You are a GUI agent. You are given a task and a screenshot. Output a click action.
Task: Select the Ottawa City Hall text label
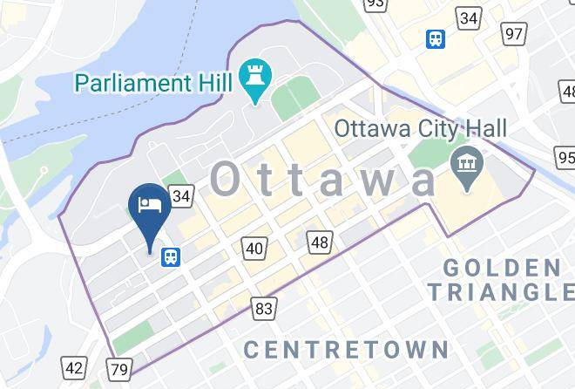pos(421,129)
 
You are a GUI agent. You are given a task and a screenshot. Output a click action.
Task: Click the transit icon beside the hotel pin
pos(171,256)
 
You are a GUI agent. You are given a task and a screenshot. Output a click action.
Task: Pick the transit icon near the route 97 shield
pos(434,39)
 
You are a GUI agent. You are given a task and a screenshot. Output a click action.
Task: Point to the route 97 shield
pos(514,34)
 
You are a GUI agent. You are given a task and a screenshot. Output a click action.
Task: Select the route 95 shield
pos(565,158)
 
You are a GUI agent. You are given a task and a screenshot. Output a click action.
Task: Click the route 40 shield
pos(254,249)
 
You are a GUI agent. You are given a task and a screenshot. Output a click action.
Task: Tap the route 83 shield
pos(264,307)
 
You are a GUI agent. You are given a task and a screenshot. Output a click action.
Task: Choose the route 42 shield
pos(76,368)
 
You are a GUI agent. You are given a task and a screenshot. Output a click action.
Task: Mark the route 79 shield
pos(119,369)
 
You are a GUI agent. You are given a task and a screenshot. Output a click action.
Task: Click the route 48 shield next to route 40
pos(319,242)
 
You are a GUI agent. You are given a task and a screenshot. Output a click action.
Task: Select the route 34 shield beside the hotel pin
pos(180,196)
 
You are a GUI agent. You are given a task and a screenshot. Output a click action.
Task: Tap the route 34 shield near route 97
pos(470,18)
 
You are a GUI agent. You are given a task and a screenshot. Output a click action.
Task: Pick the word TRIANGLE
pos(500,292)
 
